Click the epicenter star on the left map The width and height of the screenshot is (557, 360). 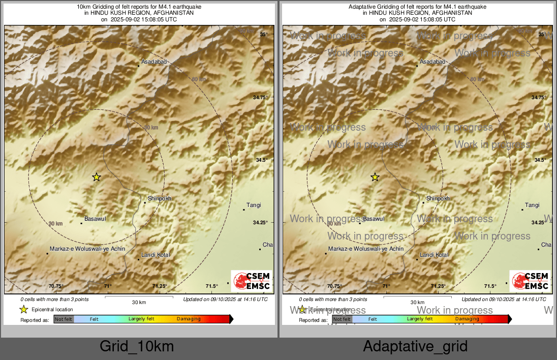[x=97, y=177]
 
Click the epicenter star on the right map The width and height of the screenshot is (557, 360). [x=375, y=177]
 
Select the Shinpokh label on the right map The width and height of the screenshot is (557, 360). [x=438, y=198]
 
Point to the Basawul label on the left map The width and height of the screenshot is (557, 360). [x=96, y=219]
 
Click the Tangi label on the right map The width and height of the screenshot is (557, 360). [x=532, y=205]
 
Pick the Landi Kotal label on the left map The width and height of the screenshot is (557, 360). [x=156, y=255]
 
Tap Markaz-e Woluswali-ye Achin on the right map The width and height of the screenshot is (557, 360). [x=366, y=249]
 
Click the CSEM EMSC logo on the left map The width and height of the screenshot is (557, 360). [x=251, y=281]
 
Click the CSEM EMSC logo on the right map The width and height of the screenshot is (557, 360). [x=530, y=281]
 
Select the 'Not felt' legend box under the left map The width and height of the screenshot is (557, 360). [x=64, y=319]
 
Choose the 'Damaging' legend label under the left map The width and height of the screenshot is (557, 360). [x=189, y=319]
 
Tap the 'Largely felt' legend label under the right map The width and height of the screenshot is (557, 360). [x=420, y=319]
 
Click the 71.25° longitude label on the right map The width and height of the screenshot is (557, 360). [x=438, y=286]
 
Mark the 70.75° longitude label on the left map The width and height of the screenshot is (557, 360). [x=56, y=286]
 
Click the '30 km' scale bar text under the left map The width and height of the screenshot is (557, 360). [x=139, y=302]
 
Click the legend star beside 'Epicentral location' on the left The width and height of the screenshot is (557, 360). [x=23, y=309]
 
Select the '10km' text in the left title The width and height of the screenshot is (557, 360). [x=83, y=7]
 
